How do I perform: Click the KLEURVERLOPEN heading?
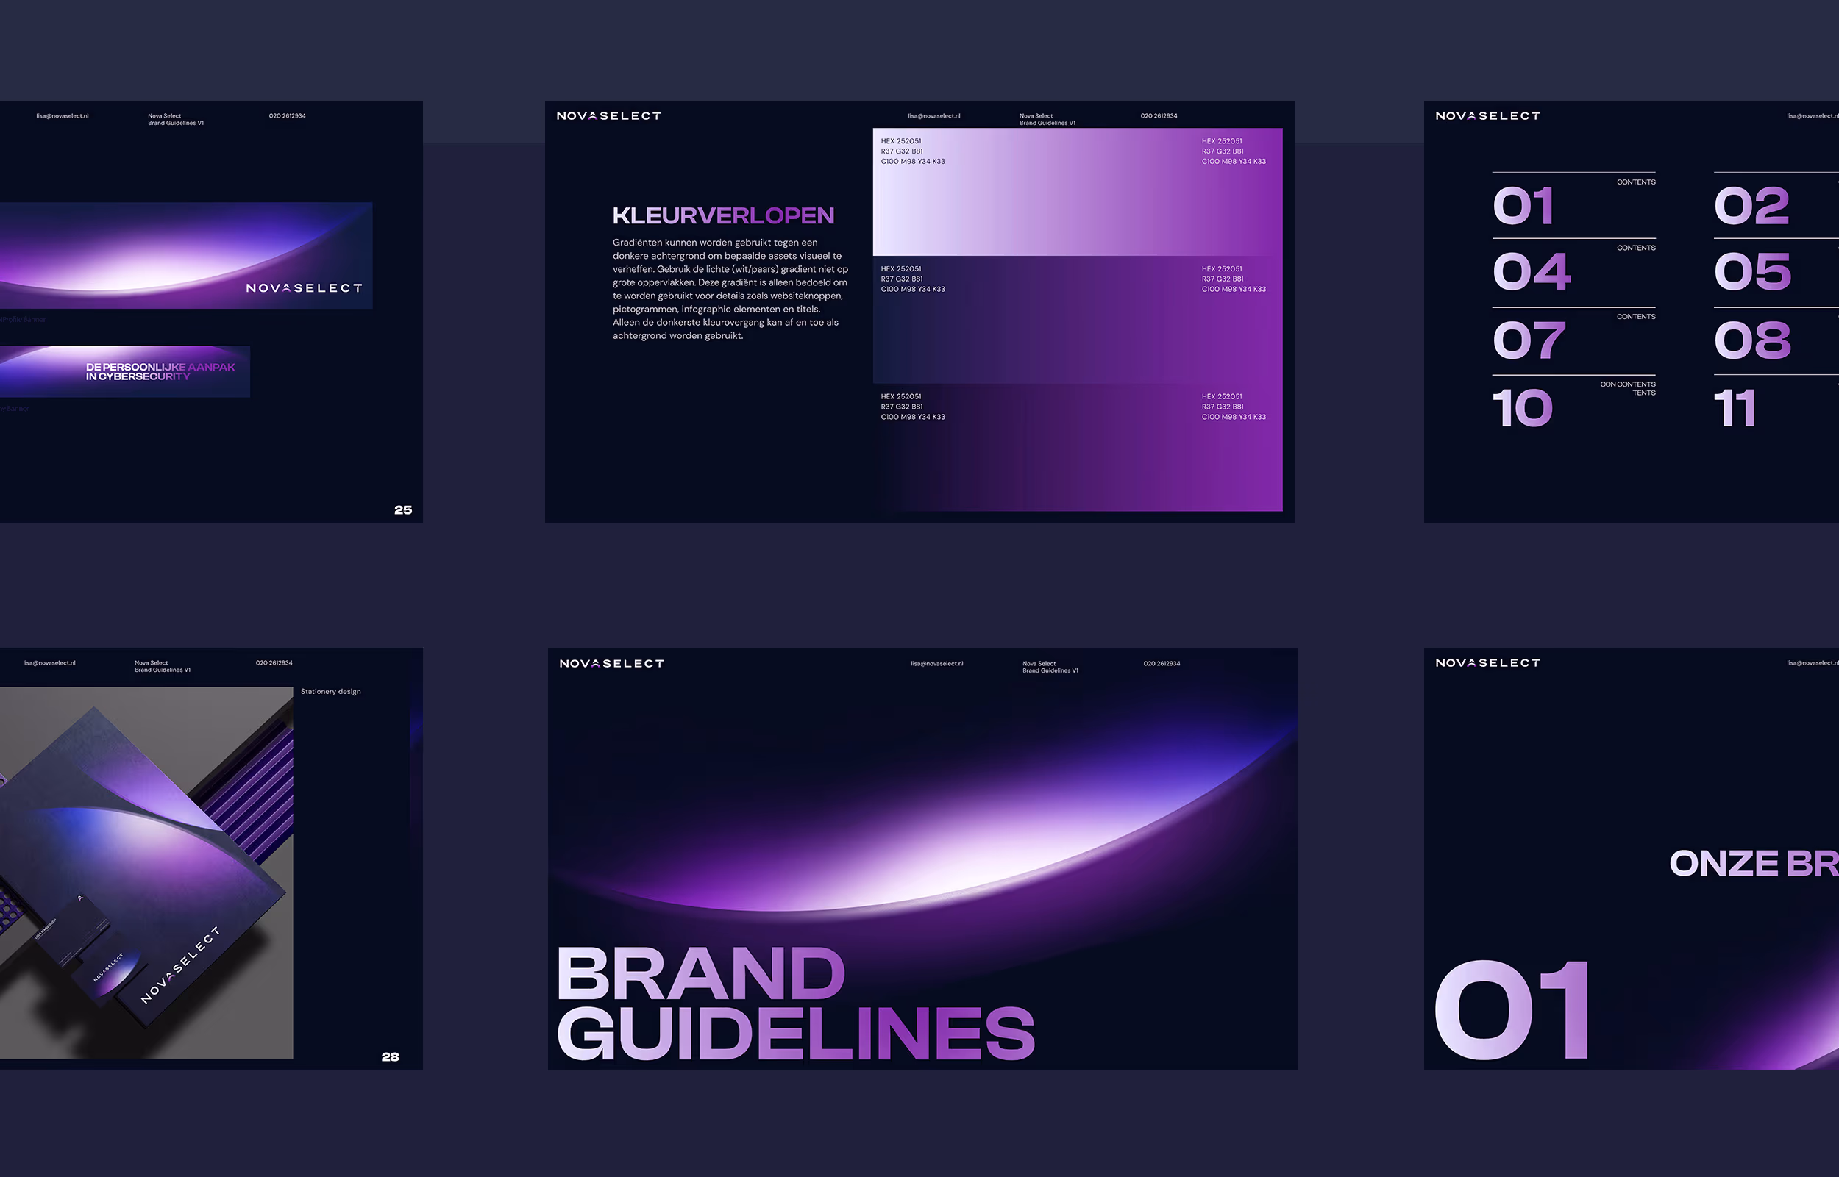point(722,215)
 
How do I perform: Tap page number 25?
point(403,509)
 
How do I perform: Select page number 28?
point(390,1057)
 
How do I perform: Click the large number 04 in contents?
point(1532,271)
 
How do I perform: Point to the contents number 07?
point(1529,340)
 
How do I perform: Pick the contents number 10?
point(1523,408)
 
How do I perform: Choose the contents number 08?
point(1751,340)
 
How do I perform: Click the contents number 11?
point(1734,408)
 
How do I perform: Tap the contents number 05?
point(1751,271)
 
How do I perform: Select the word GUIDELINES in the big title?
point(795,1034)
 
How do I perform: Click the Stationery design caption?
point(330,692)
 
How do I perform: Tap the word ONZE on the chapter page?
point(1724,864)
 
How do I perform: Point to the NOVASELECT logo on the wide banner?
point(304,288)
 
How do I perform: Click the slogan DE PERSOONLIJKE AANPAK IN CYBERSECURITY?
point(160,371)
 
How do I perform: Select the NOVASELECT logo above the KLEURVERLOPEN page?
point(608,116)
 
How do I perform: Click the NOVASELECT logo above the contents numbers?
point(1487,116)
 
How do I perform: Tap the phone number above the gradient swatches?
point(1159,116)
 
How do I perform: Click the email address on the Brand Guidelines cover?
point(936,663)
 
